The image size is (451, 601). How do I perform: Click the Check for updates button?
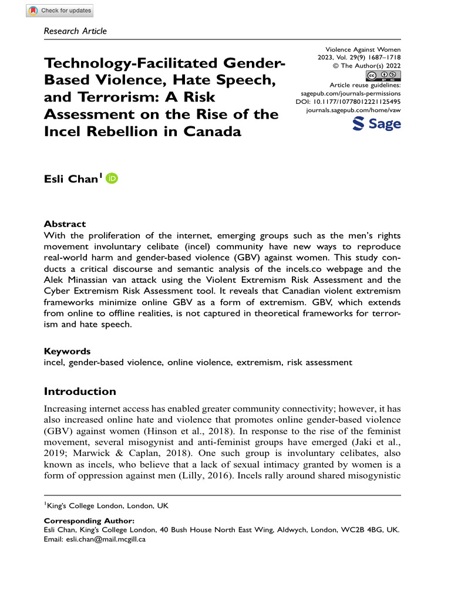(60, 11)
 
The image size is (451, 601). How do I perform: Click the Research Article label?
(76, 31)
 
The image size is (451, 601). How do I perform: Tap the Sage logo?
(376, 124)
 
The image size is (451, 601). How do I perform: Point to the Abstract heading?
(65, 224)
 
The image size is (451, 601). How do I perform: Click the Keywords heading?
(68, 351)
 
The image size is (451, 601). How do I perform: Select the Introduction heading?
(80, 391)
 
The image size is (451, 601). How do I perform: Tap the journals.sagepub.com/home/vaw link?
(354, 109)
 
